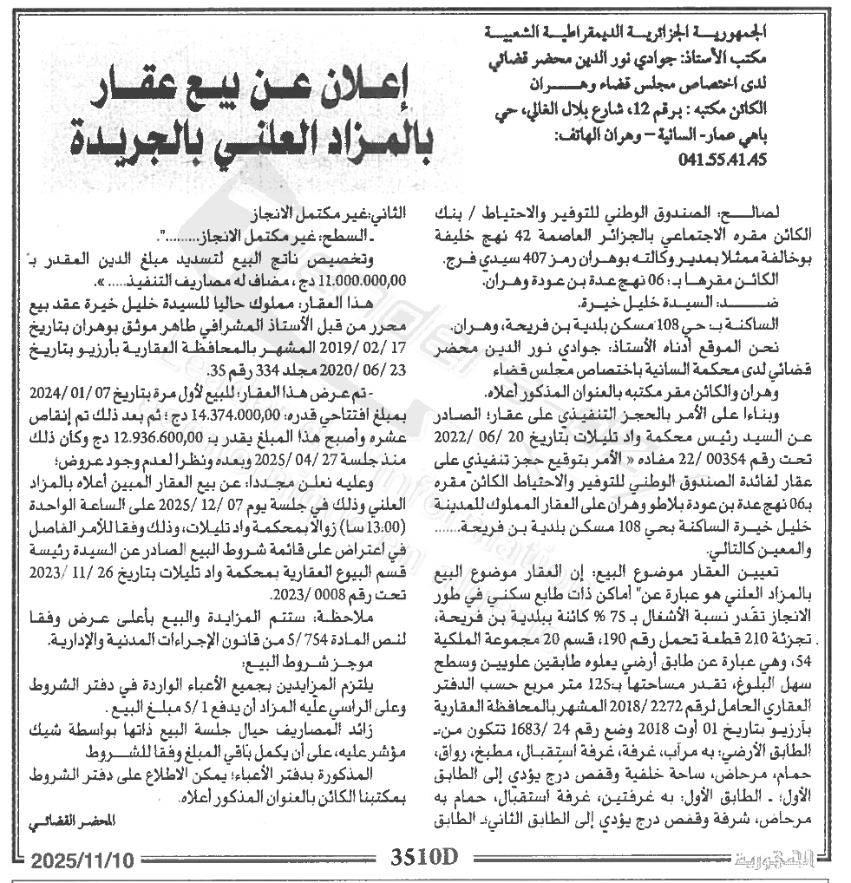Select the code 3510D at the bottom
click(423, 858)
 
